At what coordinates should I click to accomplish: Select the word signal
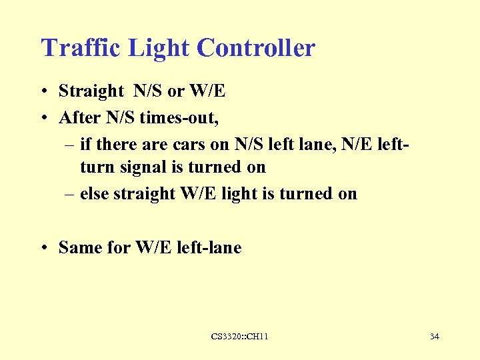coord(141,167)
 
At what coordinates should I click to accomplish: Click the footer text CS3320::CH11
coord(239,337)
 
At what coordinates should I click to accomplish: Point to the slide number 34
coord(434,337)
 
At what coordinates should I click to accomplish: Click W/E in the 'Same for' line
coord(155,248)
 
